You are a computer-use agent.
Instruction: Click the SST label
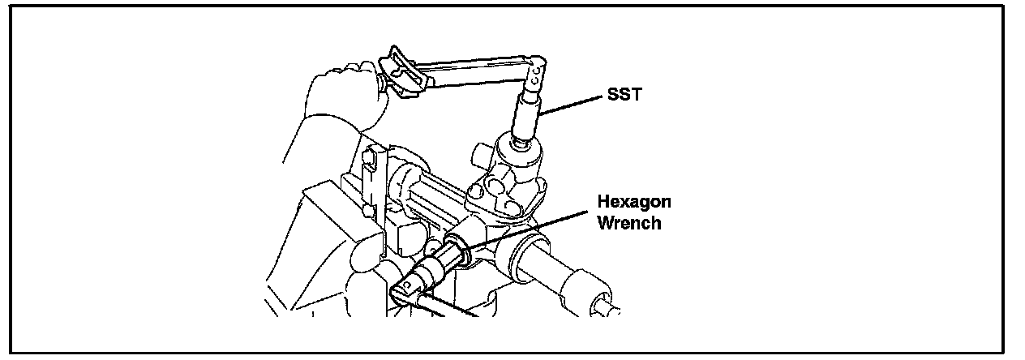pos(624,96)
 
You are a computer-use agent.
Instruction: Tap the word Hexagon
pos(633,203)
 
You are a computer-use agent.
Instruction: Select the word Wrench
pos(628,222)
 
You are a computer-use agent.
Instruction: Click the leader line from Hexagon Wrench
pos(527,230)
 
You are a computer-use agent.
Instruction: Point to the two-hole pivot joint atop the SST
pos(535,78)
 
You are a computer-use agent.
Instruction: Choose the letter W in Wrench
pos(606,222)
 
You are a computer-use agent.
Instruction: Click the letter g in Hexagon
pos(645,204)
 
